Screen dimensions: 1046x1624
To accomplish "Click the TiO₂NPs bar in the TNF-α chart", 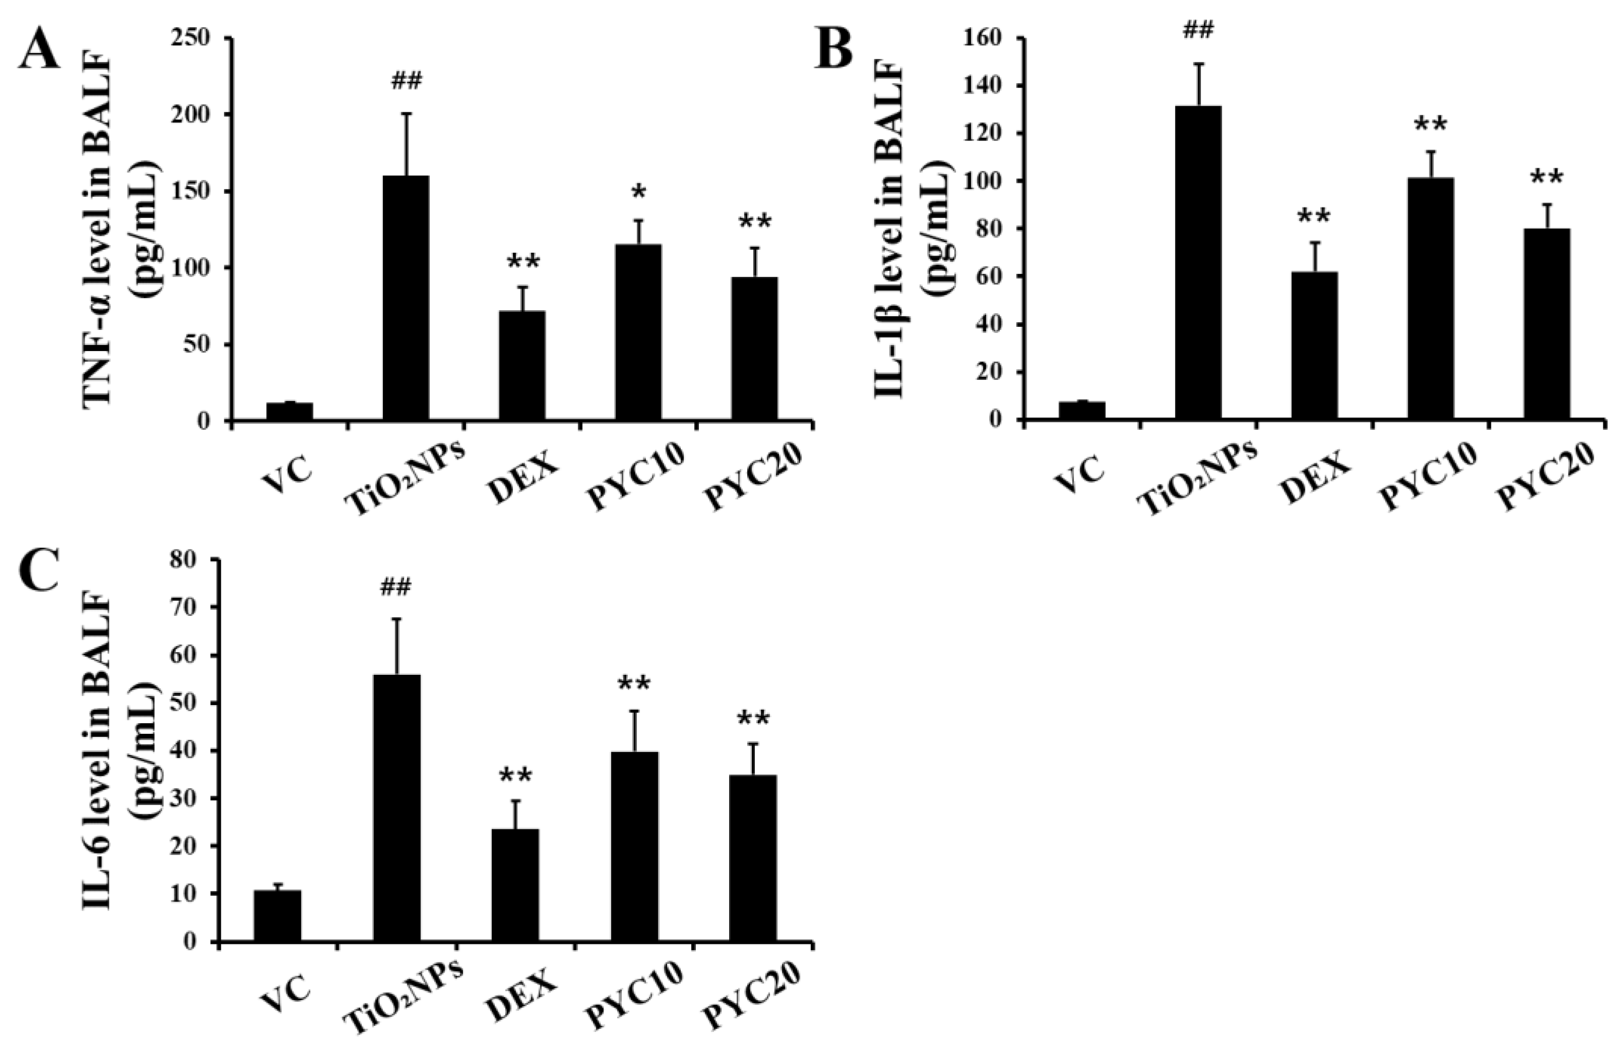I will click(x=406, y=299).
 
